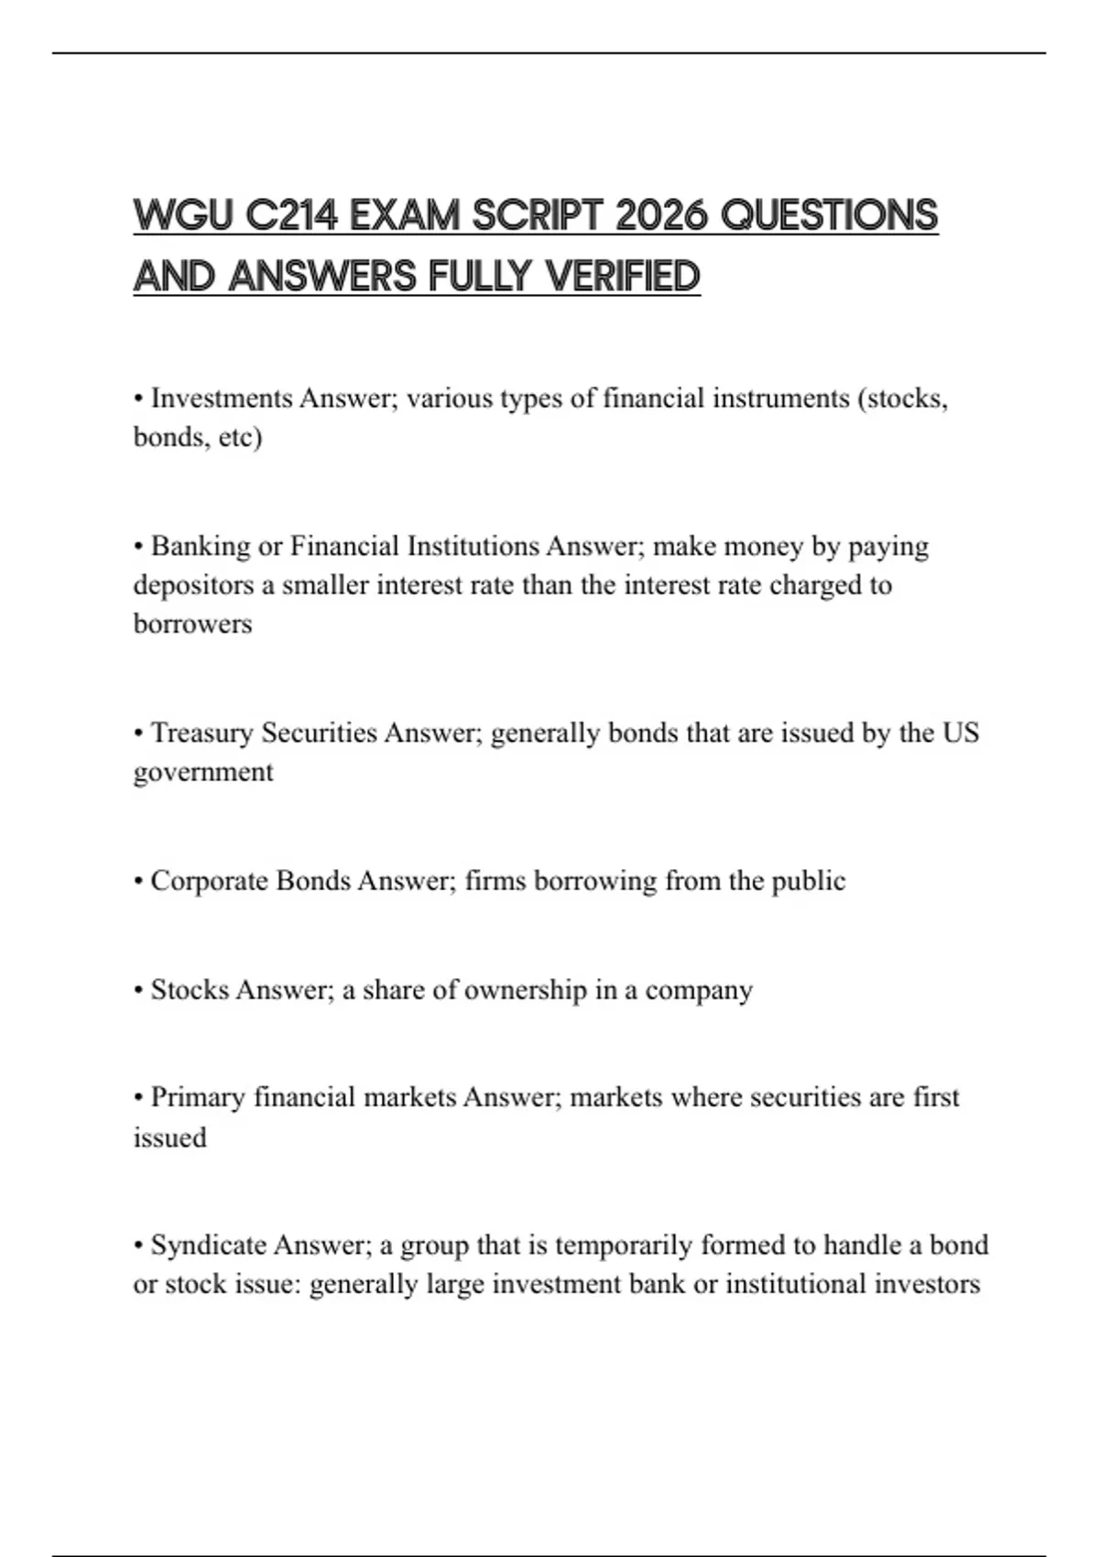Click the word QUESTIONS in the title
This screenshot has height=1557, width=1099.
829,216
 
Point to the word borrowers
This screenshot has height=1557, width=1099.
192,624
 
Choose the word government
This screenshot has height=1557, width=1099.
203,772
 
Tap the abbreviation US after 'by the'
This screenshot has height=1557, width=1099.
961,733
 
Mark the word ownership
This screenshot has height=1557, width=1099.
522,990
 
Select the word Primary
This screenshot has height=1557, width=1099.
197,1097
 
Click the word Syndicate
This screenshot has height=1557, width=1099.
208,1246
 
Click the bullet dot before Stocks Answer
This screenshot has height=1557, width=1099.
138,991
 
